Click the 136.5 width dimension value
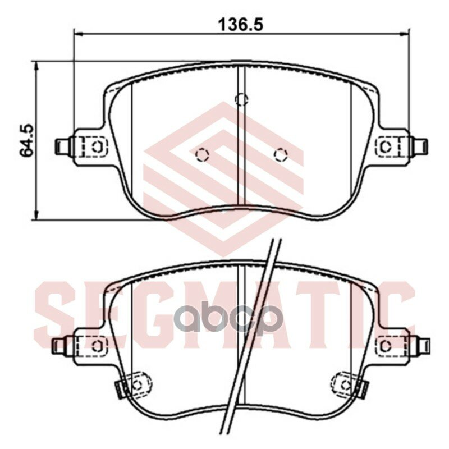[x=240, y=24]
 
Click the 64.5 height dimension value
[x=26, y=140]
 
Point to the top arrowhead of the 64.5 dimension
[x=36, y=66]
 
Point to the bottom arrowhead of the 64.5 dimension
[x=36, y=215]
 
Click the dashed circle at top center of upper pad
[x=241, y=99]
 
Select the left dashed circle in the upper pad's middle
[x=203, y=155]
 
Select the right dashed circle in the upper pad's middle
[x=280, y=155]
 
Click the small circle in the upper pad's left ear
[x=97, y=146]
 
